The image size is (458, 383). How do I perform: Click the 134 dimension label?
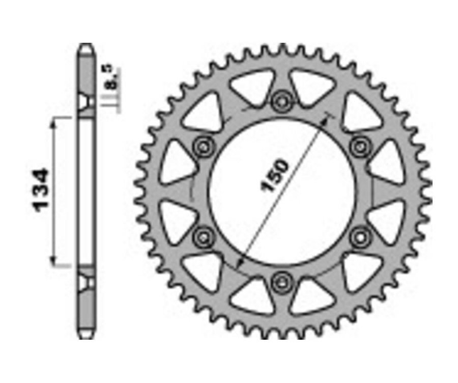[41, 190]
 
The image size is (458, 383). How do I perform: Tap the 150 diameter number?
[275, 176]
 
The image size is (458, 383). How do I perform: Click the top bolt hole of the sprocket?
[281, 101]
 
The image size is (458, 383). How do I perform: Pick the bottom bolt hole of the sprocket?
[281, 283]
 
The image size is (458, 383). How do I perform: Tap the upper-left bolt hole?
[203, 146]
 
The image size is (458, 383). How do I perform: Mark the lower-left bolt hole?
[203, 237]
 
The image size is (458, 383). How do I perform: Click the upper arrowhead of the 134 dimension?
[53, 124]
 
